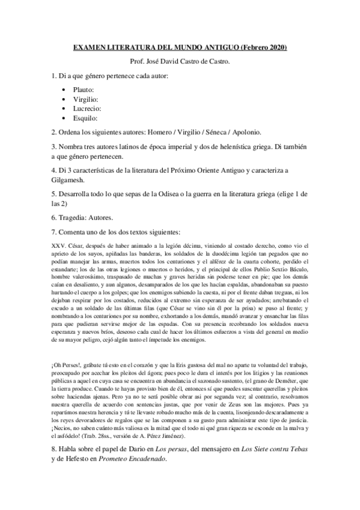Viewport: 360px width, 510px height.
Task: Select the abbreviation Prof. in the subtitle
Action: tap(138, 61)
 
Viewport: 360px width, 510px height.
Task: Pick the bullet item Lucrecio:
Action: tap(96, 109)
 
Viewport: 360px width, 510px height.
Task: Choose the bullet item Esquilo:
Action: tap(94, 118)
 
